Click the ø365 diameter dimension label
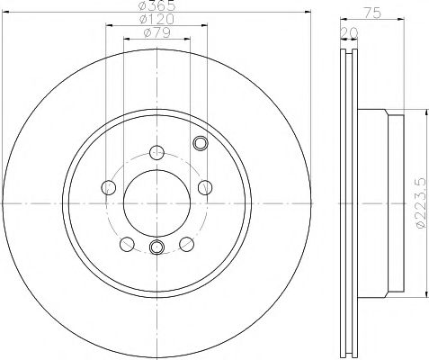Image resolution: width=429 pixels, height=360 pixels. coord(156,6)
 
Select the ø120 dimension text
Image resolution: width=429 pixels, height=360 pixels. coord(156,20)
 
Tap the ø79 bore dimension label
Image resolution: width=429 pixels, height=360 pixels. coord(156,33)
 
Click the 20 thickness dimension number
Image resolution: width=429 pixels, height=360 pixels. coord(347,33)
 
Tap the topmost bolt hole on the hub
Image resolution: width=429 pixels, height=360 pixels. coord(156,151)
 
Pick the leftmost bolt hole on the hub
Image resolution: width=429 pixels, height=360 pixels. coord(110,187)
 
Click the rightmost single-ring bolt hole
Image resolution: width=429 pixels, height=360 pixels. coord(204,187)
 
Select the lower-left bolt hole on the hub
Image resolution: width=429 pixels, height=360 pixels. coord(127,243)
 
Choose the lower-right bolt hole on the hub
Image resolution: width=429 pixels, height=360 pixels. coord(187,243)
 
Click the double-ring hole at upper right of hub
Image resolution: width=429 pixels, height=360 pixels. coord(201,141)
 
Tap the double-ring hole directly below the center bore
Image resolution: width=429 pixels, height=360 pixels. coord(156,247)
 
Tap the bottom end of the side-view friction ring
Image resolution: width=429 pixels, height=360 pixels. coord(351,354)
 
